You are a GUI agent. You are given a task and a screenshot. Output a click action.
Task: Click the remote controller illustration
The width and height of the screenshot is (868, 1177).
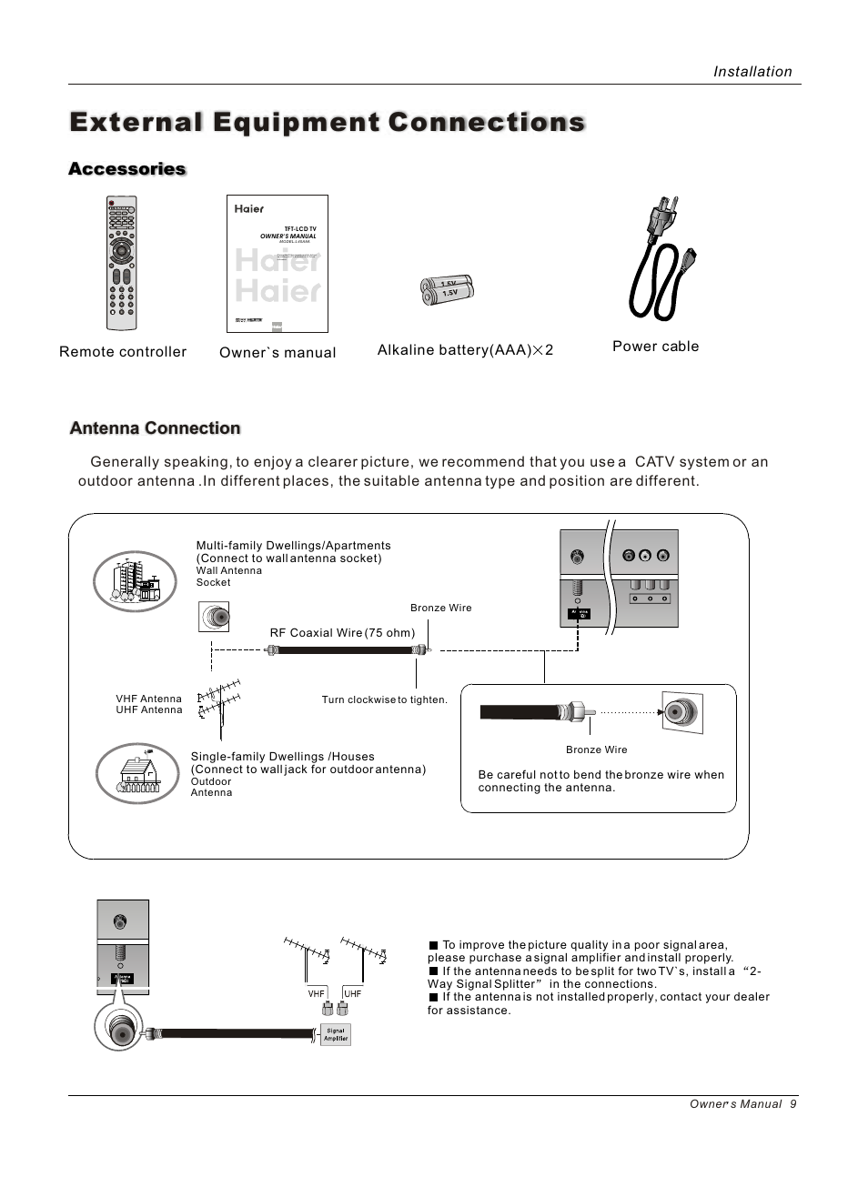(x=122, y=264)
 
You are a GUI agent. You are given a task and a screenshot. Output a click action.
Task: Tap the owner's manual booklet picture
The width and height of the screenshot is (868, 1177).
(x=278, y=264)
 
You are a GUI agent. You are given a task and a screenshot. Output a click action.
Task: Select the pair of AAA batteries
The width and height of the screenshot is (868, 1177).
(x=448, y=289)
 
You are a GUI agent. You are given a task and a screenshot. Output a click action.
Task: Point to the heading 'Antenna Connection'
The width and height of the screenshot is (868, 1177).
(x=155, y=428)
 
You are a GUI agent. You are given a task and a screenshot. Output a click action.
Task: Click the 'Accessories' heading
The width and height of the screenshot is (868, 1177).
(x=127, y=169)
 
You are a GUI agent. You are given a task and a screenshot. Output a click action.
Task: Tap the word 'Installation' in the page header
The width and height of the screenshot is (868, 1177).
(x=752, y=72)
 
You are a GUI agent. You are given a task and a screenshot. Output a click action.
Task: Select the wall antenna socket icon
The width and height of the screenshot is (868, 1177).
(x=214, y=617)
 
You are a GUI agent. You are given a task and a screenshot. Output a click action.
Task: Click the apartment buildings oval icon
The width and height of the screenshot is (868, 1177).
(x=136, y=582)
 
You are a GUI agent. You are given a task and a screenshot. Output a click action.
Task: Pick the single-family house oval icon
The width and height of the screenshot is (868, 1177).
(x=138, y=774)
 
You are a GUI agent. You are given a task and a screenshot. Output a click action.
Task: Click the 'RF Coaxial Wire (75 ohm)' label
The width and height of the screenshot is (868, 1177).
(x=342, y=633)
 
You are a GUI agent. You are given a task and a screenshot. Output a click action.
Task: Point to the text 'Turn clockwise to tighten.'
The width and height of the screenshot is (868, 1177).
(x=384, y=700)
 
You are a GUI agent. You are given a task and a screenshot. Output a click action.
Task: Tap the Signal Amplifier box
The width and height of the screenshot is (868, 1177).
(x=336, y=1035)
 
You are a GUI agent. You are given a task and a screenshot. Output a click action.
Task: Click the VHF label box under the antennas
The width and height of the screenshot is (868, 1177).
(x=317, y=994)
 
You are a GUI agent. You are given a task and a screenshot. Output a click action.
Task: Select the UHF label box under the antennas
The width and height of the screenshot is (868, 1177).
(x=353, y=994)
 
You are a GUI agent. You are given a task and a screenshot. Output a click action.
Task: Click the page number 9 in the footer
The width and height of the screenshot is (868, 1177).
(x=793, y=1104)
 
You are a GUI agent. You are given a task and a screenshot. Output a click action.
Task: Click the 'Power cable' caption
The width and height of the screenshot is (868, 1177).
(x=655, y=347)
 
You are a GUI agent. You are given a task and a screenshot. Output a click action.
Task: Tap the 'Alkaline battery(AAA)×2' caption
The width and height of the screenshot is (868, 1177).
(x=465, y=350)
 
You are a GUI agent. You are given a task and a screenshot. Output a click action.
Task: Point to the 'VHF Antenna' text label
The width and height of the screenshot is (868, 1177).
(x=148, y=699)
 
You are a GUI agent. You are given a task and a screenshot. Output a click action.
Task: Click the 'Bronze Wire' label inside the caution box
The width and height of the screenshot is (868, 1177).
(x=596, y=749)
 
